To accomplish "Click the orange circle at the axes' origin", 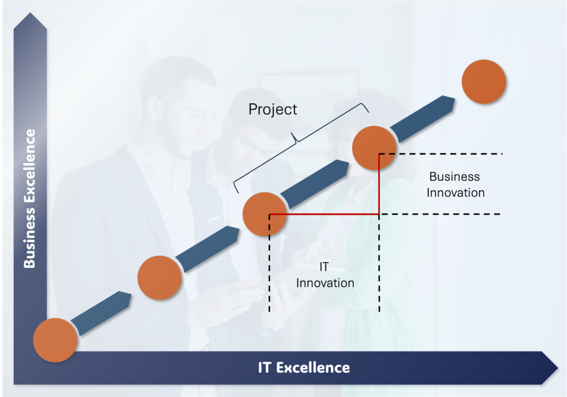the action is pyautogui.click(x=55, y=340).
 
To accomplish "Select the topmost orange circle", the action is pyautogui.click(x=484, y=82).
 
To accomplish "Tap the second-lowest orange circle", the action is pyautogui.click(x=159, y=277).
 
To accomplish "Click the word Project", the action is pyautogui.click(x=272, y=109).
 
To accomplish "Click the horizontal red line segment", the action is pyautogui.click(x=324, y=215).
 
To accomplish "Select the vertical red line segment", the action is pyautogui.click(x=379, y=185).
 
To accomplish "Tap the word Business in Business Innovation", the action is pyautogui.click(x=455, y=176).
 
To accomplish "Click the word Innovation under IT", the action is pyautogui.click(x=325, y=283).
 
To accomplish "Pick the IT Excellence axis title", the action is pyautogui.click(x=304, y=368).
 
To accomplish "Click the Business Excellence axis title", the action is pyautogui.click(x=30, y=198).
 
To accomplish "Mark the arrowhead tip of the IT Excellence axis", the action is pyautogui.click(x=558, y=368).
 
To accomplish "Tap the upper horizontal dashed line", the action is pyautogui.click(x=441, y=154).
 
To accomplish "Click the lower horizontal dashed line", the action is pyautogui.click(x=440, y=214).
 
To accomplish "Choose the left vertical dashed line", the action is pyautogui.click(x=270, y=263).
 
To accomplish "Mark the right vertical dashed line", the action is pyautogui.click(x=379, y=263).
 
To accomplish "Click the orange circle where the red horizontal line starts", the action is pyautogui.click(x=265, y=215).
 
